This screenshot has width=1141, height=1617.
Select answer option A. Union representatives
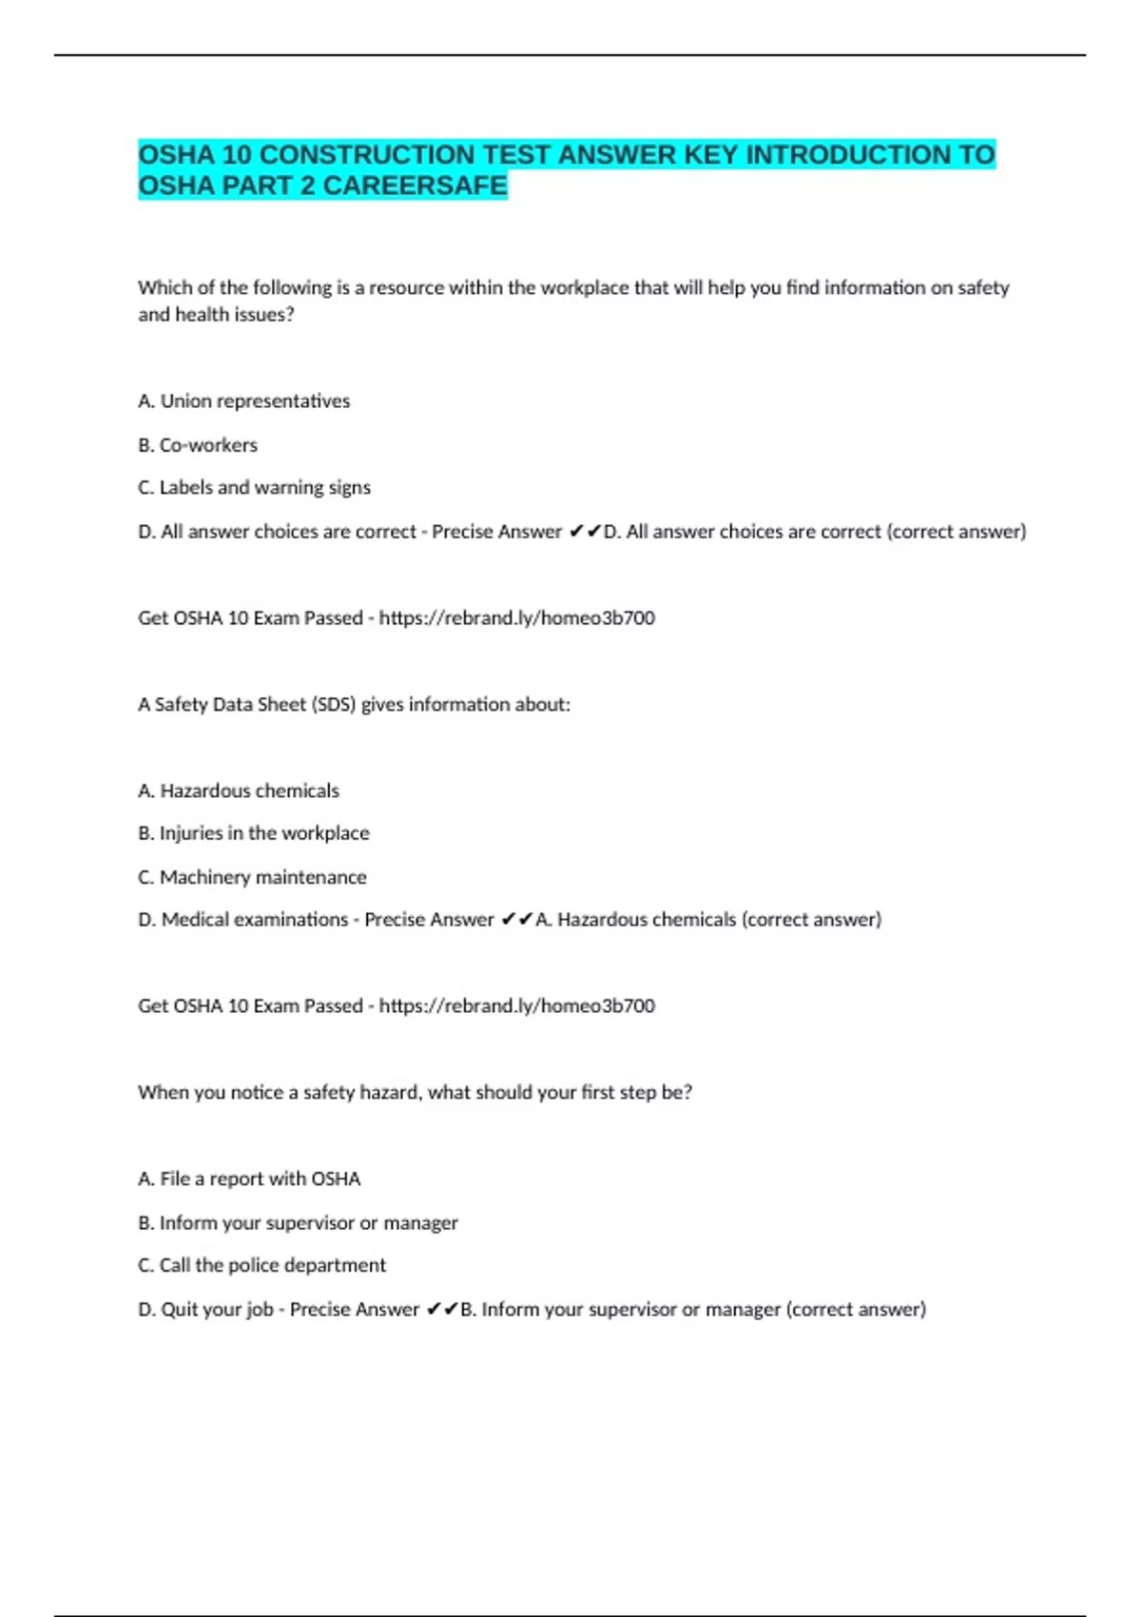pyautogui.click(x=244, y=401)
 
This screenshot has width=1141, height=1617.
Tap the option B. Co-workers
pyautogui.click(x=198, y=445)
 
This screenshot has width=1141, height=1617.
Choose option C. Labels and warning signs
pyautogui.click(x=255, y=488)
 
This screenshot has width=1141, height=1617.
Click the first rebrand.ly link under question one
pyautogui.click(x=516, y=618)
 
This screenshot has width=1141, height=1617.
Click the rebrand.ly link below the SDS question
pyautogui.click(x=516, y=1006)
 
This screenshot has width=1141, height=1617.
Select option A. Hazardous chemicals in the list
pyautogui.click(x=239, y=790)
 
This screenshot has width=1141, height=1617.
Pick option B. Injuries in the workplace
pyautogui.click(x=254, y=833)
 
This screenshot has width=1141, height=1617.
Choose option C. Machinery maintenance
pyautogui.click(x=252, y=877)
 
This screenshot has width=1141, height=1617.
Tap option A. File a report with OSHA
pyautogui.click(x=249, y=1179)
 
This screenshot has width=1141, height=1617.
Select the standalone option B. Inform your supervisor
pyautogui.click(x=298, y=1223)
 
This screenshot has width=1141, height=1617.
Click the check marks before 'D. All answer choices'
pyautogui.click(x=585, y=532)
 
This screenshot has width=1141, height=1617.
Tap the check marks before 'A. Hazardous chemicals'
pyautogui.click(x=517, y=920)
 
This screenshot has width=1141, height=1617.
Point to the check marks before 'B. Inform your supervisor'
pyautogui.click(x=442, y=1310)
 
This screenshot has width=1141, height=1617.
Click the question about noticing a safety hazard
pyautogui.click(x=415, y=1093)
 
